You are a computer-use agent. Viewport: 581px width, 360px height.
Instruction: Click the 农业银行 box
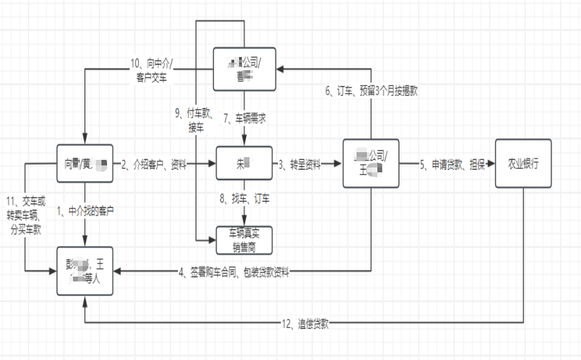pos(523,164)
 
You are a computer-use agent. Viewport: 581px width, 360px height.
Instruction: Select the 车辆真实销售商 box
pos(243,240)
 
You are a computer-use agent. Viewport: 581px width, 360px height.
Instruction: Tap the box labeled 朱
pos(243,164)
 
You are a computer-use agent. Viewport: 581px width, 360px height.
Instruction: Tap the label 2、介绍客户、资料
pos(154,165)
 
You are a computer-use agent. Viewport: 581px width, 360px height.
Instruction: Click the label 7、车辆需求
pos(245,119)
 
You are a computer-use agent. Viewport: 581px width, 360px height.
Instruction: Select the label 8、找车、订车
pos(245,199)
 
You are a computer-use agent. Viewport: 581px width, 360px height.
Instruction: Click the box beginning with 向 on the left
pos(85,165)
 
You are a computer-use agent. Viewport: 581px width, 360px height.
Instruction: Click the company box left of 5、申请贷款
pos(371,164)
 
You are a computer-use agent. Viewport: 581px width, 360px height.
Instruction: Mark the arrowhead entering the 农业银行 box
pos(491,164)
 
